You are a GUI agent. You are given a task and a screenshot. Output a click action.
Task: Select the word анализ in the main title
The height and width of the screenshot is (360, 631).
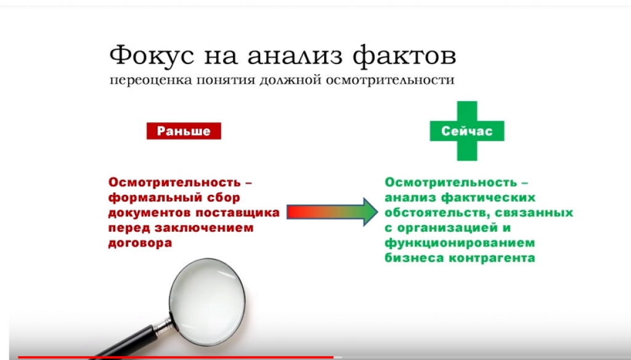coord(295,57)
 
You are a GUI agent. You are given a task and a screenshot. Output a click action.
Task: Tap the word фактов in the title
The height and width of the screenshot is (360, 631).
coord(404,56)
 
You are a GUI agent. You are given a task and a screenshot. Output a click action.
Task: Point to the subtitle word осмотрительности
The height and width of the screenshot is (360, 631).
coord(390,80)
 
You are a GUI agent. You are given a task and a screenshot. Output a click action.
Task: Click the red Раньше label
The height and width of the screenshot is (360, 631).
coord(184,131)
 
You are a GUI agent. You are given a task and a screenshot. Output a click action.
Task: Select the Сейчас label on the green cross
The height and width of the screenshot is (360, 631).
coord(467,131)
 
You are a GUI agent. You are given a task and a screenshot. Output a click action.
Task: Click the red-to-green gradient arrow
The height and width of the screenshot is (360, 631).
coord(332,212)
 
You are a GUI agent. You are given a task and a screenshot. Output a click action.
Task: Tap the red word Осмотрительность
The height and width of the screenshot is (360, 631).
coord(174,182)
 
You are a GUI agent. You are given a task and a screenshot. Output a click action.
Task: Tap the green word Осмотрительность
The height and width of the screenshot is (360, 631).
coord(450,182)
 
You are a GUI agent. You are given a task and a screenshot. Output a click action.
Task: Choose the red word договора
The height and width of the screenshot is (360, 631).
coord(140,243)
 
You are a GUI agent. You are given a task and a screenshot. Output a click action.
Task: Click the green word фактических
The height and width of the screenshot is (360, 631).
coord(488,198)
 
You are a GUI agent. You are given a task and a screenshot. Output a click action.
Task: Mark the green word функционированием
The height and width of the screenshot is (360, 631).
coord(460,243)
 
